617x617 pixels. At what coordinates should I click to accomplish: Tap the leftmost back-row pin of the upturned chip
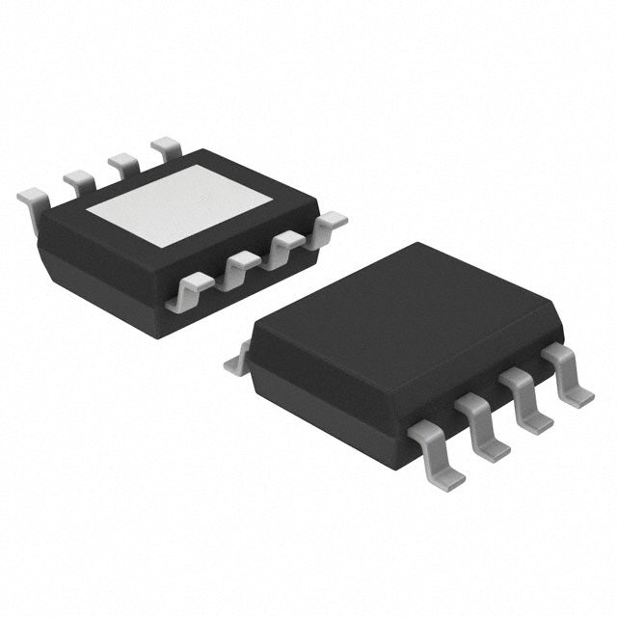(x=36, y=198)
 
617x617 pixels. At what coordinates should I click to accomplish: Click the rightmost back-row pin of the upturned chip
(x=167, y=147)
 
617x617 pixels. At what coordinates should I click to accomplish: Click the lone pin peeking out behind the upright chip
(x=236, y=363)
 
